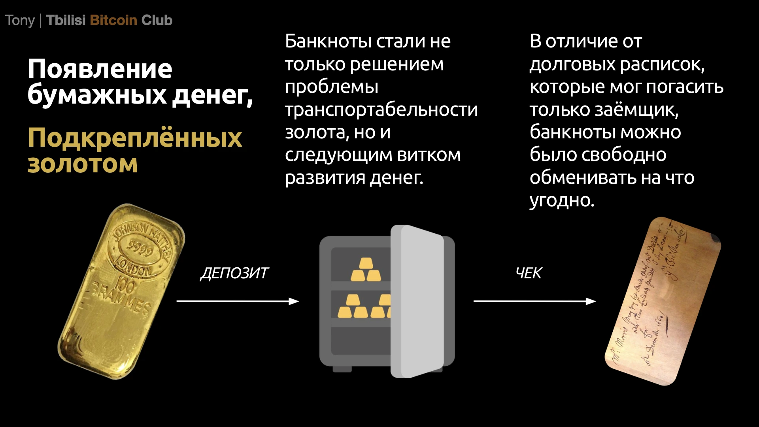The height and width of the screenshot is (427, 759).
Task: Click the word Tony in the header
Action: pyautogui.click(x=20, y=20)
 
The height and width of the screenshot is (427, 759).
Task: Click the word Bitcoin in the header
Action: pyautogui.click(x=113, y=20)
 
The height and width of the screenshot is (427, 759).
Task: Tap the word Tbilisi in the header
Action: pyautogui.click(x=66, y=20)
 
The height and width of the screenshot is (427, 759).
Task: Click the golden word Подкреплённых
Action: pyautogui.click(x=134, y=138)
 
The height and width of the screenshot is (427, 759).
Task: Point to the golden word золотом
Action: pyautogui.click(x=83, y=164)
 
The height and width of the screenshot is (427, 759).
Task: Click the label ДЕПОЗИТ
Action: pyautogui.click(x=234, y=273)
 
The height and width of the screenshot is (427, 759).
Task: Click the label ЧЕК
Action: pyautogui.click(x=529, y=273)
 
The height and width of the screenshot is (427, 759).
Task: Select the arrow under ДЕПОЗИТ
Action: pyautogui.click(x=237, y=301)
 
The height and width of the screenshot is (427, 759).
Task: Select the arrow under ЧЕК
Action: pyautogui.click(x=534, y=301)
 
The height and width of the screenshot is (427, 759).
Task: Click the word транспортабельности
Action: pyautogui.click(x=381, y=110)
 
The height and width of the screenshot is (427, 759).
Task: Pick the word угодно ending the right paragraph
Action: pyautogui.click(x=561, y=200)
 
